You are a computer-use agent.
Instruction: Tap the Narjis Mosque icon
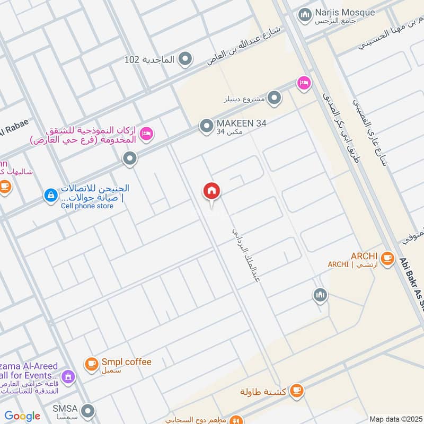[x=304, y=15]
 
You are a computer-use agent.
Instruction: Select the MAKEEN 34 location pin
[x=206, y=126]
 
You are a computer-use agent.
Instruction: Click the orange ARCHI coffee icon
[x=387, y=258]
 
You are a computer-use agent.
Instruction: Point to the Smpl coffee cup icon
[x=91, y=364]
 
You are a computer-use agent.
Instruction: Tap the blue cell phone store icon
[x=50, y=196]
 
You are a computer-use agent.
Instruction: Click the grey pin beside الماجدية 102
[x=185, y=59]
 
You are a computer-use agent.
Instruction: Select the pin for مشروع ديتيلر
[x=274, y=98]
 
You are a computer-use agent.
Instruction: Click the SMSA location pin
[x=88, y=410]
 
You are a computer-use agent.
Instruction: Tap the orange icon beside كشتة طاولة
[x=297, y=391]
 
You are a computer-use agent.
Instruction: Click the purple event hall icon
[x=67, y=377]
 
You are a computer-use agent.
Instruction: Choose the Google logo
[x=22, y=416]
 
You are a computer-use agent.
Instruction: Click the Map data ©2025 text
[x=395, y=419]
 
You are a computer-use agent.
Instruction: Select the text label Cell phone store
[x=87, y=206]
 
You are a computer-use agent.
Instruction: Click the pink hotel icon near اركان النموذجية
[x=147, y=134]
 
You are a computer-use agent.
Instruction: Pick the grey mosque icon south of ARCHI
[x=320, y=295]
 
